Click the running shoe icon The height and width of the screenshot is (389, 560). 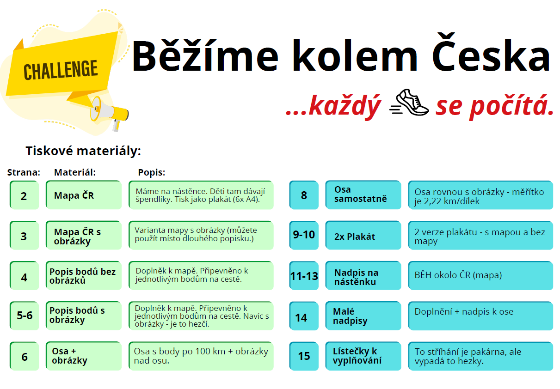coord(410,103)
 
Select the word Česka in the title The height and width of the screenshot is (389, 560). coord(492,54)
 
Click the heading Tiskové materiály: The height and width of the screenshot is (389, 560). coord(83,151)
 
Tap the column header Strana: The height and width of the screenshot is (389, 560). coord(24,172)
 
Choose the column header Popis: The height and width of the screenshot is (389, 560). coord(152,172)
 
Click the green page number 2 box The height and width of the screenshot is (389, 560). coord(24,195)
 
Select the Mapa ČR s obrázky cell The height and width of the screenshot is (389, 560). coord(84,235)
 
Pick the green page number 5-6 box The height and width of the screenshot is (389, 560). coord(24,316)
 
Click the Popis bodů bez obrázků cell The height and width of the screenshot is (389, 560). coord(84,275)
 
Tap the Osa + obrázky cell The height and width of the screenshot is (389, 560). coord(84,356)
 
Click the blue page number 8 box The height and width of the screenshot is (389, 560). coord(304,195)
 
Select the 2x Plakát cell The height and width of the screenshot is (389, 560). coord(363,235)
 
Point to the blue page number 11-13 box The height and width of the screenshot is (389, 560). coord(304,275)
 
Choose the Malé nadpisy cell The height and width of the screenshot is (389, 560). coord(363,316)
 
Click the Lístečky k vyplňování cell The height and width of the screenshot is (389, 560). coord(363,356)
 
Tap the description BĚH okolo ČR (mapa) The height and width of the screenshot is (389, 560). coord(458,275)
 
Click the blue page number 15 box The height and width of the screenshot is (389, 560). coord(304,356)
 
